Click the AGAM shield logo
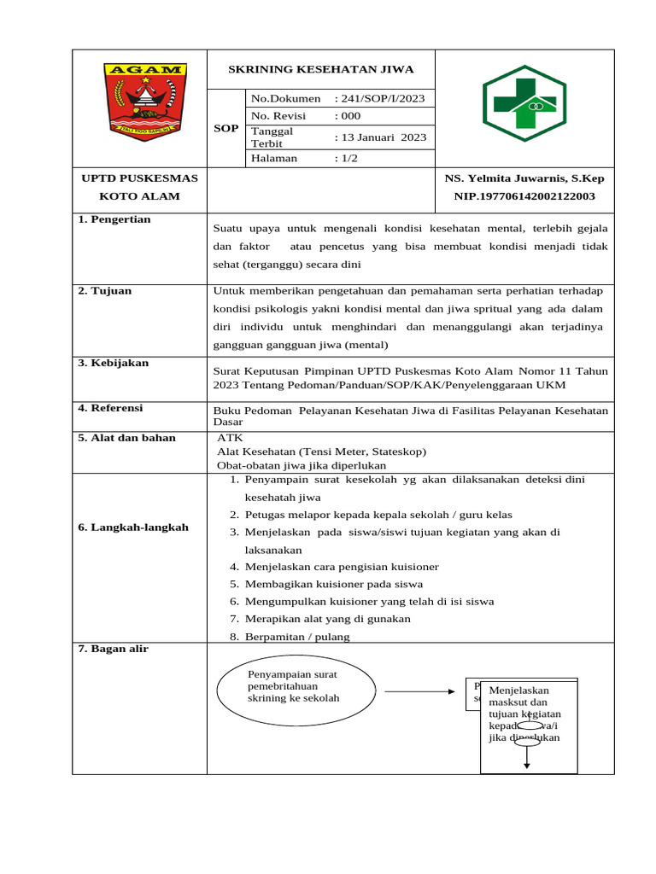click(144, 101)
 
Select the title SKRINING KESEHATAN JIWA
click(321, 69)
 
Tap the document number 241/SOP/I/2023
click(379, 99)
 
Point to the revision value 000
click(348, 116)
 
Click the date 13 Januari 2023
click(380, 137)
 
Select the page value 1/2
click(347, 158)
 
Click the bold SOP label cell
click(226, 128)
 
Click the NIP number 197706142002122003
click(524, 196)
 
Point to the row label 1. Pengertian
click(114, 219)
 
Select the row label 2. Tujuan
click(105, 291)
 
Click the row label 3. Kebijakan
click(114, 363)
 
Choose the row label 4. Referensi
click(111, 408)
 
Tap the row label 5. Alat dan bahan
click(127, 438)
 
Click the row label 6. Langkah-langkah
click(133, 527)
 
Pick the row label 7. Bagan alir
click(114, 649)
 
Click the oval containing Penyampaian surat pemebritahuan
click(296, 690)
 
